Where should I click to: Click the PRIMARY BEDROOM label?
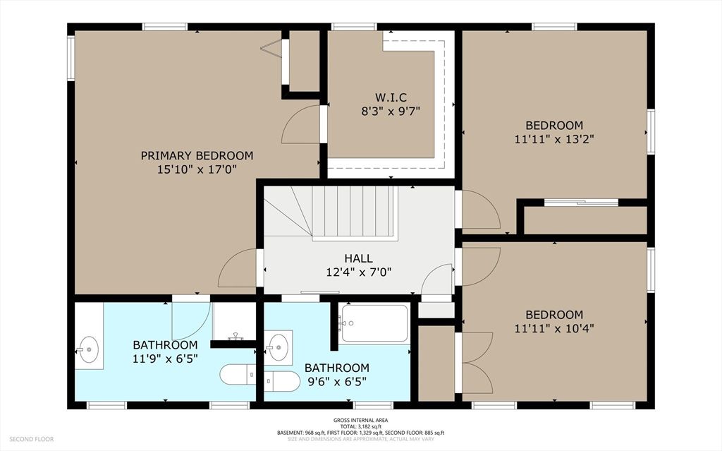click(x=197, y=155)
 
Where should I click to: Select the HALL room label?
click(x=358, y=258)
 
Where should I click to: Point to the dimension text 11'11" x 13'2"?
click(x=554, y=139)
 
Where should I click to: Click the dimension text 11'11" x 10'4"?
click(x=554, y=328)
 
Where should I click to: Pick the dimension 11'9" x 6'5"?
click(x=165, y=359)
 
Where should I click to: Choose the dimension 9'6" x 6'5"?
click(x=336, y=382)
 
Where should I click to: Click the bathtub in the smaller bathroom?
click(x=374, y=323)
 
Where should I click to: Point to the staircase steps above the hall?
click(x=353, y=212)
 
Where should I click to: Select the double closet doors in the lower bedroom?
click(x=476, y=363)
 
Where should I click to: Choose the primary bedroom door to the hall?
click(x=238, y=269)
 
